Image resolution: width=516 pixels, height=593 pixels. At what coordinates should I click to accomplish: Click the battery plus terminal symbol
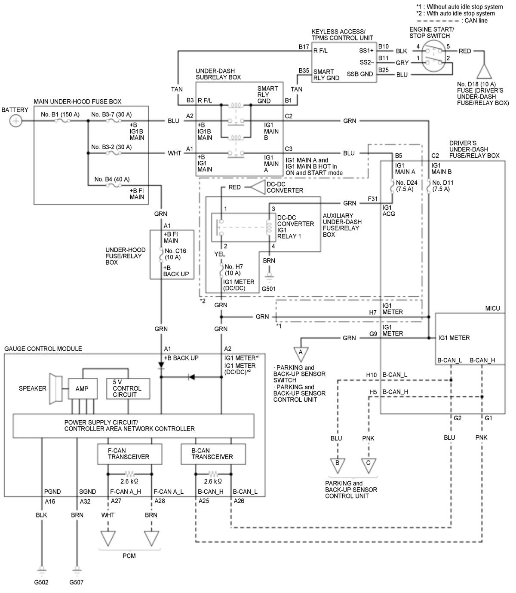coord(15,121)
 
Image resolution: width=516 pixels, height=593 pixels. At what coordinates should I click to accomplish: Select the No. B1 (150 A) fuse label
coord(60,114)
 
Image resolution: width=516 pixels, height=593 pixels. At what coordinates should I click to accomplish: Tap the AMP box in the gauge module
coord(83,388)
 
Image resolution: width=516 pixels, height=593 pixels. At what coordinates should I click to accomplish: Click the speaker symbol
coord(55,388)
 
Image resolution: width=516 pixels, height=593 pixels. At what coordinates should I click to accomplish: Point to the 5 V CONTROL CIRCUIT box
coord(128,388)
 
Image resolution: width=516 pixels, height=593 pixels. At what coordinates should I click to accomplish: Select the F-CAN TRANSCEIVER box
coord(129,454)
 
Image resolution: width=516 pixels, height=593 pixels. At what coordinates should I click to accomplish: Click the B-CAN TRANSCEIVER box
coord(213,454)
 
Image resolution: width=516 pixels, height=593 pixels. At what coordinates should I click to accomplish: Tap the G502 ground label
coord(41,582)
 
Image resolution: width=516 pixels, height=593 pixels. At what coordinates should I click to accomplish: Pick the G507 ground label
coord(76,582)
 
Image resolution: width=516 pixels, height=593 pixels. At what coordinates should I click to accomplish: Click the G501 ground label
coord(268,289)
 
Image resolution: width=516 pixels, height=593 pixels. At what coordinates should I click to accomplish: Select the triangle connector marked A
coord(301,354)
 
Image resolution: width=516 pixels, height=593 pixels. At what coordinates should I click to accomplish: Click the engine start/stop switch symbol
coord(433,56)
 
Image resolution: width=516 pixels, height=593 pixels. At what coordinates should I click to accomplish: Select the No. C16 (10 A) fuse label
coord(175,254)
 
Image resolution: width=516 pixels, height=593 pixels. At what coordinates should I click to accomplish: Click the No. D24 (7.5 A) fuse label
coord(406,186)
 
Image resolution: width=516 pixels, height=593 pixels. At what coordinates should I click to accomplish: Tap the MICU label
coord(492,309)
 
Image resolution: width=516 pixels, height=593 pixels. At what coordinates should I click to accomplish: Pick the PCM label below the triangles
coord(129,556)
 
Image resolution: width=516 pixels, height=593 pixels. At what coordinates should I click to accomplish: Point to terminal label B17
coord(304,47)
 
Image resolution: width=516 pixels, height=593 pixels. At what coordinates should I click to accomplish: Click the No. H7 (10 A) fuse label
coord(234,270)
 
